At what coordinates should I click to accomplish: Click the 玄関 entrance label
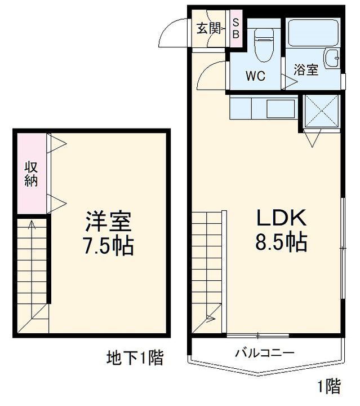click(208, 28)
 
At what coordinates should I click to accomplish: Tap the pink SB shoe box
click(236, 28)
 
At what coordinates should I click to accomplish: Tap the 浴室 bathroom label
click(306, 70)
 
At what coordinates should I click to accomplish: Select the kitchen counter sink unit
click(263, 107)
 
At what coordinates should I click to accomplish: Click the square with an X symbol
click(321, 111)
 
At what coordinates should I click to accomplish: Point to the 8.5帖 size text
click(282, 243)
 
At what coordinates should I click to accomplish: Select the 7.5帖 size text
click(109, 246)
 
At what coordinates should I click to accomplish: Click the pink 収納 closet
click(30, 174)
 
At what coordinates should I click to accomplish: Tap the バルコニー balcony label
click(264, 354)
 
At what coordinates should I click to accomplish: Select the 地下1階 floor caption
click(135, 358)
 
